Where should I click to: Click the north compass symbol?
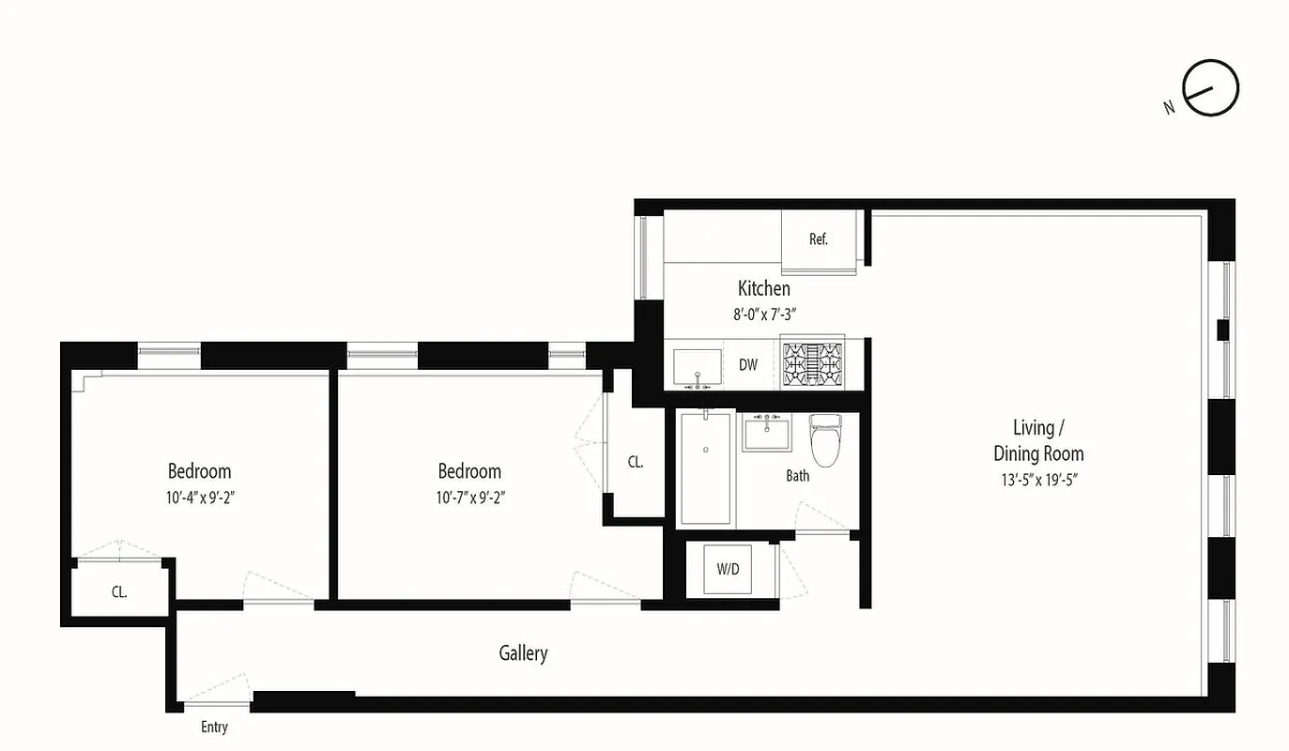(1210, 89)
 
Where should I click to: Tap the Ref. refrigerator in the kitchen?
(819, 239)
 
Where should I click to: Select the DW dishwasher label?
(747, 365)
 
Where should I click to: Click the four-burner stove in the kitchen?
(812, 364)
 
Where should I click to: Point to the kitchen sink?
(698, 367)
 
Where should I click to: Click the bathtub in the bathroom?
(705, 467)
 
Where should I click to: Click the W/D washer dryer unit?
(728, 568)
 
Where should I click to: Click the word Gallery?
(523, 652)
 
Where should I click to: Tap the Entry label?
(214, 728)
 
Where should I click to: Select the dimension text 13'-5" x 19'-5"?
(1038, 480)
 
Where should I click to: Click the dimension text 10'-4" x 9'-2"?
(199, 498)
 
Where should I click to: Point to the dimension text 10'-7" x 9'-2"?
(469, 498)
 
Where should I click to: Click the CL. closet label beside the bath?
(636, 462)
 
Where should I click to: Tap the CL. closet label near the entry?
(119, 592)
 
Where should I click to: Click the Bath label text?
(797, 476)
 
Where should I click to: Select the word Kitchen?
(763, 288)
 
